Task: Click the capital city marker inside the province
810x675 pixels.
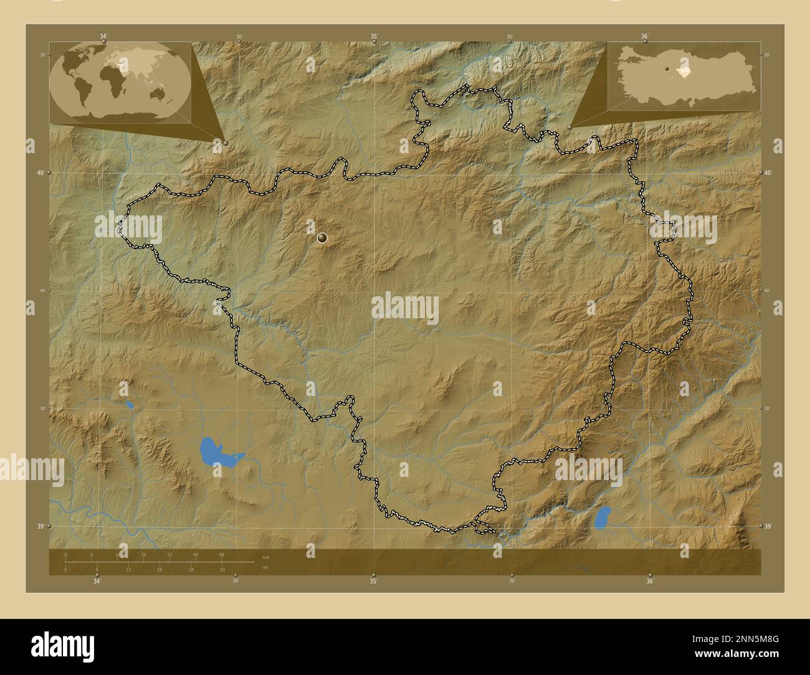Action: pyautogui.click(x=322, y=237)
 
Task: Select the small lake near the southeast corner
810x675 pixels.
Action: pyautogui.click(x=603, y=516)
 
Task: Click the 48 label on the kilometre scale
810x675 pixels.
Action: pyautogui.click(x=221, y=554)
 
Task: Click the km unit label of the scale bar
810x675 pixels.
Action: pyautogui.click(x=266, y=556)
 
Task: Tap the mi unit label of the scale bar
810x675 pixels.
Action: pyautogui.click(x=266, y=567)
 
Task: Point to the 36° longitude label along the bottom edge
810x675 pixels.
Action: pyautogui.click(x=650, y=581)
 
